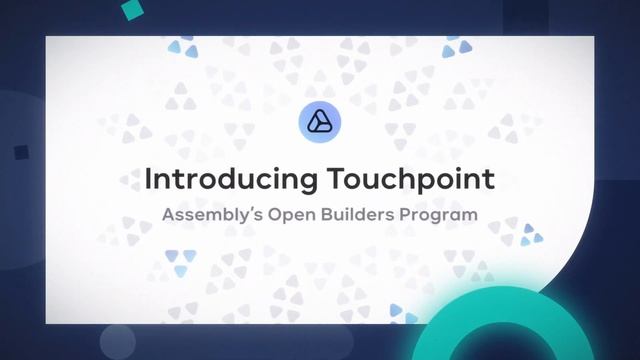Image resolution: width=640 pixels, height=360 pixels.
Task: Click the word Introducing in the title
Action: click(x=231, y=180)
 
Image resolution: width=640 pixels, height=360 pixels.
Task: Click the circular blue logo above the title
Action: click(x=320, y=123)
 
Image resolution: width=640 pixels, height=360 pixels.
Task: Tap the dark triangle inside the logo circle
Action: click(x=320, y=124)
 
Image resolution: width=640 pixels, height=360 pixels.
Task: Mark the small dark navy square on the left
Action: click(x=21, y=152)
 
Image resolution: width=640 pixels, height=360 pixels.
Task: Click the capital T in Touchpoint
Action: click(x=334, y=180)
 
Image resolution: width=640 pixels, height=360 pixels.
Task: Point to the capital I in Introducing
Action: click(x=149, y=180)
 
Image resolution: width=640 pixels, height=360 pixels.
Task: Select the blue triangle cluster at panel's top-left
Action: click(x=181, y=47)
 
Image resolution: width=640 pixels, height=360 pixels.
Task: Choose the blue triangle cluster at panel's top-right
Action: click(x=457, y=46)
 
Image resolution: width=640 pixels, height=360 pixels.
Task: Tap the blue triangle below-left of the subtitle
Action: click(x=180, y=264)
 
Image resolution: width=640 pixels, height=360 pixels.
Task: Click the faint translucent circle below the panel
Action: click(x=117, y=340)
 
